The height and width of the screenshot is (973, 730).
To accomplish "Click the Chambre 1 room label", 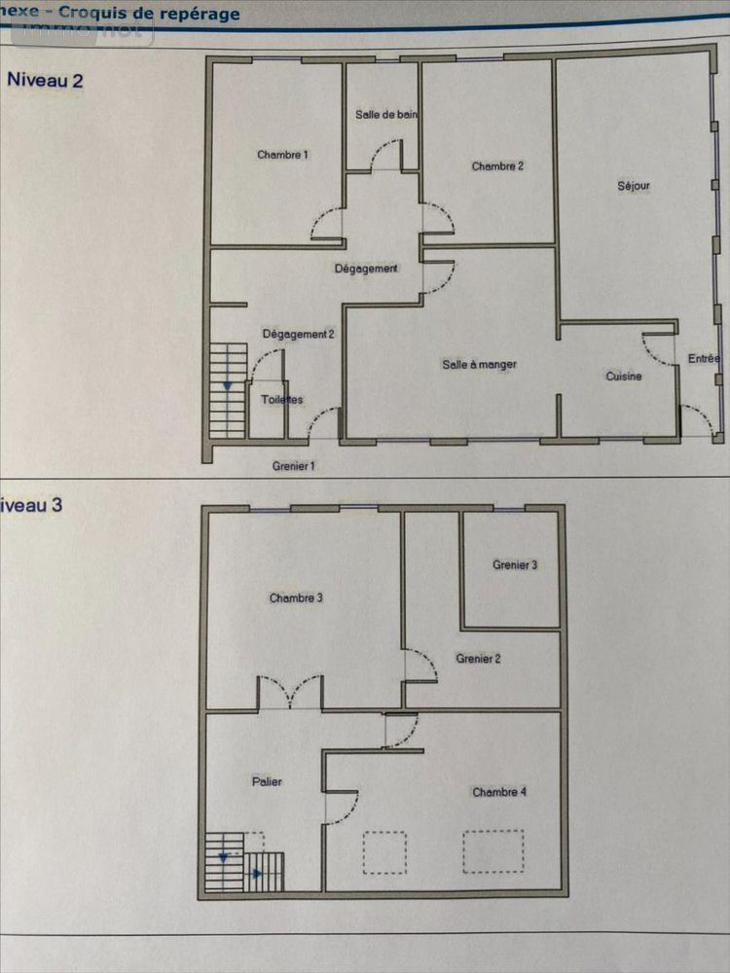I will pos(283,155).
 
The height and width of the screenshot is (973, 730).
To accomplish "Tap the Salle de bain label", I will pos(386,115).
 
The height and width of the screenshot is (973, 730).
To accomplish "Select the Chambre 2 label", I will pos(497,166).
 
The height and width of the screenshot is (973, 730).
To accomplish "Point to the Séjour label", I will pos(634,185).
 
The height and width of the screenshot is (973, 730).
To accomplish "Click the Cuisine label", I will pos(624,377).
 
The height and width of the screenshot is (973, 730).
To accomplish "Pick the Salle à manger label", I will pos(479,365).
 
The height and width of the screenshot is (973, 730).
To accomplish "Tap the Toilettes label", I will pos(282,400).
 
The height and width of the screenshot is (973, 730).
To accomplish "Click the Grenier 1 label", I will pos(294,467).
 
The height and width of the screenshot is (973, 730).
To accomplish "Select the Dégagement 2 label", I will pos(299,335).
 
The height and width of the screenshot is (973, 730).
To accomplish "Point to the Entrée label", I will pos(704,359).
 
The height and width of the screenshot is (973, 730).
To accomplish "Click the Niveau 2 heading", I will pos(45,81).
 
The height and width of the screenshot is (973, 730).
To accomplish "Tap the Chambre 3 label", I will pos(296,598).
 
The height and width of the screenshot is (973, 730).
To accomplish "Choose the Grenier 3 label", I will pos(515,565).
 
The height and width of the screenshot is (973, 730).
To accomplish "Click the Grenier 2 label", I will pos(478,659).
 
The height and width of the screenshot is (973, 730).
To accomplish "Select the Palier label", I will pos(266,781).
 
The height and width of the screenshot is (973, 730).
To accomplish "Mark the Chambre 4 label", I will pos(499,792).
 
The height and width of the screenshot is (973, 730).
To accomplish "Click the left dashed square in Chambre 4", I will pos(384,852).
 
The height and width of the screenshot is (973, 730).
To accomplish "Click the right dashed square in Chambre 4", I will pos(493,851).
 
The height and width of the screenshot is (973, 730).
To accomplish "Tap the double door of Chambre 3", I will pos(289,692).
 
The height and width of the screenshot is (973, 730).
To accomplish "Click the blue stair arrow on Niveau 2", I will pos(227,385).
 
